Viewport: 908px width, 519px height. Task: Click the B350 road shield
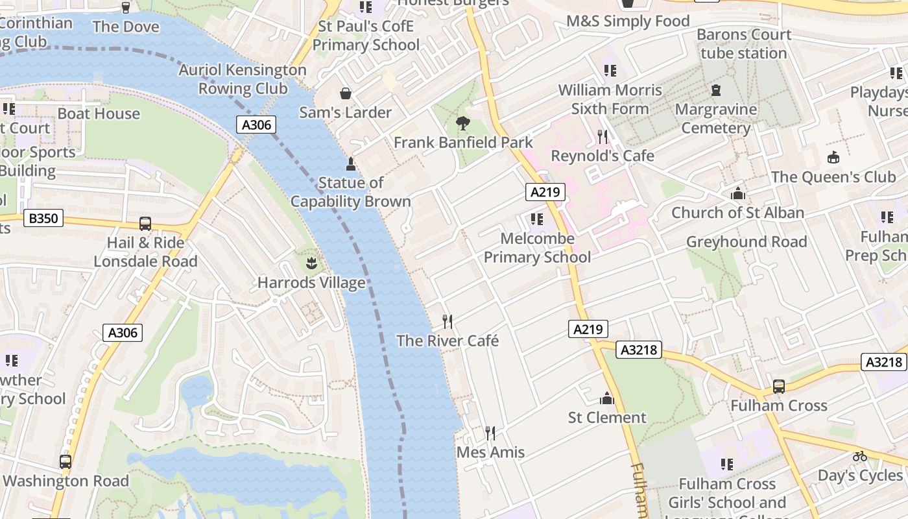tap(43, 218)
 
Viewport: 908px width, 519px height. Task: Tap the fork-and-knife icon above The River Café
tap(448, 321)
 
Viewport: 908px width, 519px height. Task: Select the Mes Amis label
tap(490, 452)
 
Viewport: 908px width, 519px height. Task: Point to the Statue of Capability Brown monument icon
tap(351, 163)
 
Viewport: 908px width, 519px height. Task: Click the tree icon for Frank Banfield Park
tap(462, 123)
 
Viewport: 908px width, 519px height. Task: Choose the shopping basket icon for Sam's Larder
tap(346, 93)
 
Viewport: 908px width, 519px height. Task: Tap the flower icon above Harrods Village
tap(311, 263)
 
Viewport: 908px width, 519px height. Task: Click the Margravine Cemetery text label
tap(716, 118)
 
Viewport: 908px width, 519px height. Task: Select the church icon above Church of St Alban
tap(737, 193)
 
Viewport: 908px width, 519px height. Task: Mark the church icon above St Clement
tap(607, 398)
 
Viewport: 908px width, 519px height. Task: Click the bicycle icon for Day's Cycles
tap(860, 456)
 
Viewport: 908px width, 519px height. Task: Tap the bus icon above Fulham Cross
tap(778, 387)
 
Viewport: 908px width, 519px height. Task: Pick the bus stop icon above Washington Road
tap(66, 462)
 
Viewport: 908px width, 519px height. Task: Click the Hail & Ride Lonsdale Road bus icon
tap(145, 224)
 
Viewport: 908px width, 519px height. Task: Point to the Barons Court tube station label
tap(744, 43)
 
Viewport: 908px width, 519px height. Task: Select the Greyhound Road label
tap(747, 242)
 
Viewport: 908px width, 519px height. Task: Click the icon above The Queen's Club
tap(833, 157)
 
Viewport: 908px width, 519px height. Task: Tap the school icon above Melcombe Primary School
tap(536, 219)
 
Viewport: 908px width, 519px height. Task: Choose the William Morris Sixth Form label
tap(610, 99)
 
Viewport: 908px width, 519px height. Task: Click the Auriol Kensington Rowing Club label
tap(243, 78)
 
